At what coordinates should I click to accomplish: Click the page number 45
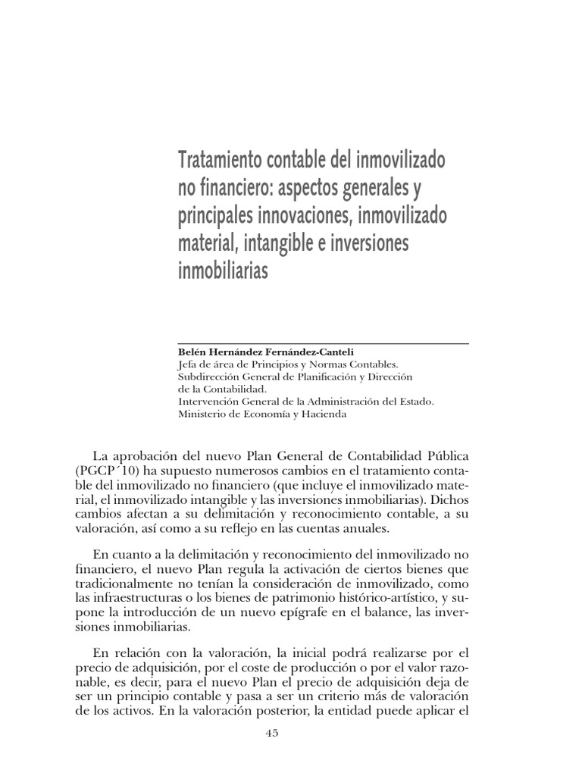(x=273, y=734)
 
